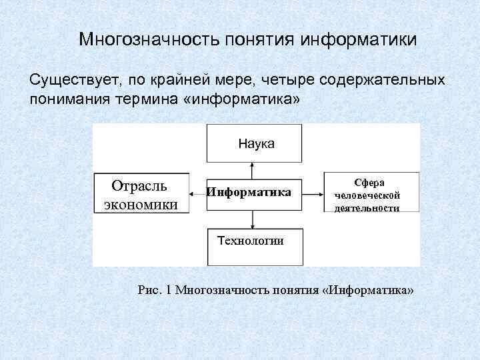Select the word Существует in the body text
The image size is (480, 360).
pos(71,81)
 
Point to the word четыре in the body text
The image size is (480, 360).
pos(280,81)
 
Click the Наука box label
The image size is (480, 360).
pos(256,143)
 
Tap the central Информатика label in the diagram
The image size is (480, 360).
pos(249,193)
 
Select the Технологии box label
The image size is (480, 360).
pos(251,241)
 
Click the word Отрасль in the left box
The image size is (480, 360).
pos(139,185)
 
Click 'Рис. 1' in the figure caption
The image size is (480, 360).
pos(154,291)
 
